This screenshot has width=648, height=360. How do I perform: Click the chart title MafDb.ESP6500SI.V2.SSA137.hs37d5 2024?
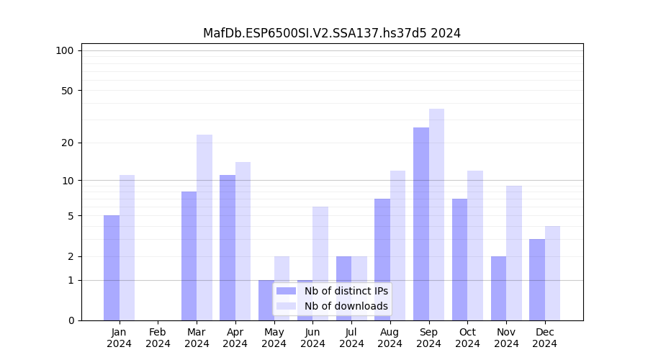pos(331,33)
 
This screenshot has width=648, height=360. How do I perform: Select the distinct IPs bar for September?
pos(421,223)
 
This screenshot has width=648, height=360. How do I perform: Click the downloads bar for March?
pos(204,227)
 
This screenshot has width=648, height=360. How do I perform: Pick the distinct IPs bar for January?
pos(112,268)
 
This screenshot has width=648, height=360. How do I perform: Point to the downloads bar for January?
pos(127,248)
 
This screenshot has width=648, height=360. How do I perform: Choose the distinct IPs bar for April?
pos(228,248)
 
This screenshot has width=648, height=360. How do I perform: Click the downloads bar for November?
pos(514,253)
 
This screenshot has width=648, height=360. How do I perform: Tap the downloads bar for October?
pos(475,246)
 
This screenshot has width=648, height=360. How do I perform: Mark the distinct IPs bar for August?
pos(382,259)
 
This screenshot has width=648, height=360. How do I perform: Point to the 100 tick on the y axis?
pos(65,50)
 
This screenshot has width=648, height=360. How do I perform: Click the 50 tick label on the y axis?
pos(67,91)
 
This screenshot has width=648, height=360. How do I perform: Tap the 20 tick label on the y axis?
pos(67,143)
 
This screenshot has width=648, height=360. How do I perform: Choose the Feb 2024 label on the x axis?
pos(158,338)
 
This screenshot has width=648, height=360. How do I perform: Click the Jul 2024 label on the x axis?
pos(351,338)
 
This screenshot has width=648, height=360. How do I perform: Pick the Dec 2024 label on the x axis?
pos(545,338)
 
